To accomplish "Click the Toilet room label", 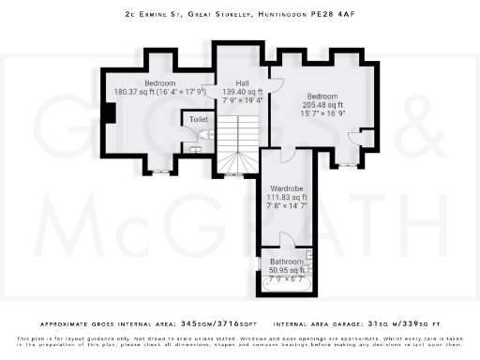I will [x=198, y=120].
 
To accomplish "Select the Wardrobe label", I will [x=287, y=188].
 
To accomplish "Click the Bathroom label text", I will [x=287, y=262].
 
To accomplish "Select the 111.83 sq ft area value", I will [x=287, y=198].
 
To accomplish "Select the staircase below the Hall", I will [x=236, y=145].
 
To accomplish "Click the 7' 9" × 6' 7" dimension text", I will [x=285, y=279].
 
